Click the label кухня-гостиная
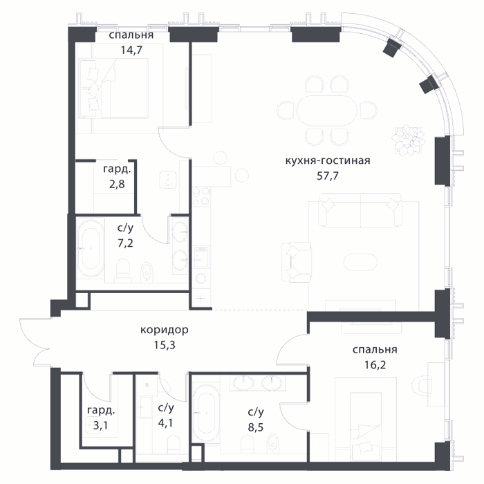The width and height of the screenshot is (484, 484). point(328,161)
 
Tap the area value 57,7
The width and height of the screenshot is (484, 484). point(328,176)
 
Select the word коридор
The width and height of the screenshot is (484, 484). point(165,330)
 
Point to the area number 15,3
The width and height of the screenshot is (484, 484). point(165,345)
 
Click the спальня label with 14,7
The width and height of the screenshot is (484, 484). point(131,35)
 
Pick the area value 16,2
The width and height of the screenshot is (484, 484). point(375,365)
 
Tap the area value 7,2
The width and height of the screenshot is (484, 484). point(125,243)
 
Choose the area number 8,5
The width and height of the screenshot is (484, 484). point(256,427)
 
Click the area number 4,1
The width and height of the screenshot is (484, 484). point(166,422)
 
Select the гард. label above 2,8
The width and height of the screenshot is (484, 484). point(117,169)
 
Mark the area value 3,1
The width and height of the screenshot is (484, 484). point(101,426)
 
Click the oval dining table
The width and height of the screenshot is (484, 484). point(327,110)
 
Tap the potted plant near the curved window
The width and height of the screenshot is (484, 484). point(408,140)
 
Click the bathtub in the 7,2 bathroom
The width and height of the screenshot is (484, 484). point(91,248)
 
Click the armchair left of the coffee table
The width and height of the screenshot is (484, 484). point(297,262)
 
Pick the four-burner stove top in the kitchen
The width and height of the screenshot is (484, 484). point(201,196)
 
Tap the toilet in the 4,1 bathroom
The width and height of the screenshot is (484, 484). point(173,445)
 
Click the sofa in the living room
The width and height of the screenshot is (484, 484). point(360,210)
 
